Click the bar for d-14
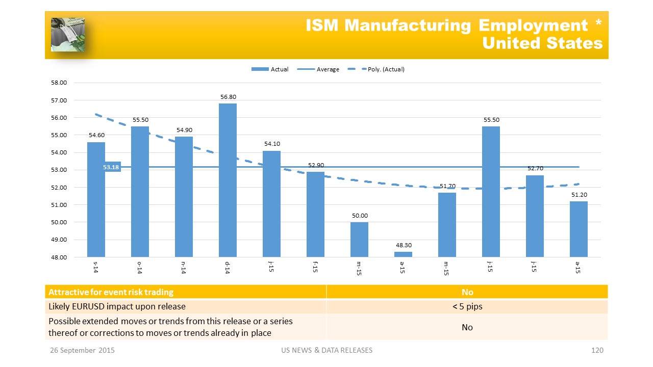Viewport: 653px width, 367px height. point(228,180)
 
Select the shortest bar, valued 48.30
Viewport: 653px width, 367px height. point(403,254)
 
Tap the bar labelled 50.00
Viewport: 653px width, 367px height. point(359,239)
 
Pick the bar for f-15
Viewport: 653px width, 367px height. point(315,214)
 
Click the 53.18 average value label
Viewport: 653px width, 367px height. point(111,167)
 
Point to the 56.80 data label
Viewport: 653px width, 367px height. point(228,96)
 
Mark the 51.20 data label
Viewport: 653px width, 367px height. point(579,195)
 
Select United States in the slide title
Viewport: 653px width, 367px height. point(542,43)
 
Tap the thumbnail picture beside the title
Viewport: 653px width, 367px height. point(67,35)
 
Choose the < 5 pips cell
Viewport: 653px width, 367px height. point(467,306)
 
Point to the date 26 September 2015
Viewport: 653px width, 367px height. point(82,350)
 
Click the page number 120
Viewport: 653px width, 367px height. point(597,350)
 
